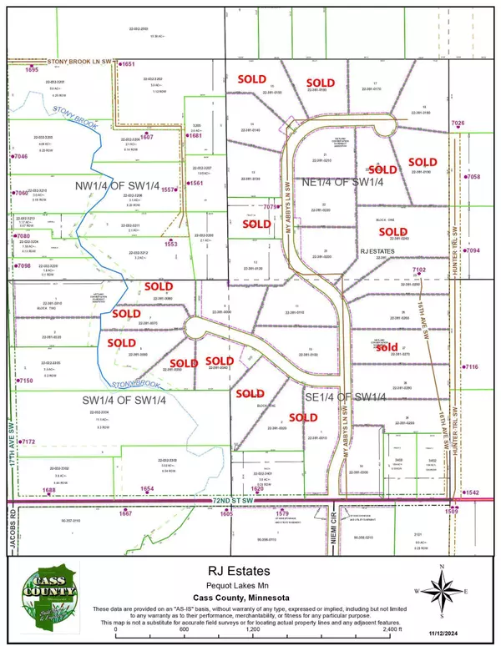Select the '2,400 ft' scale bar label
point(394,631)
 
